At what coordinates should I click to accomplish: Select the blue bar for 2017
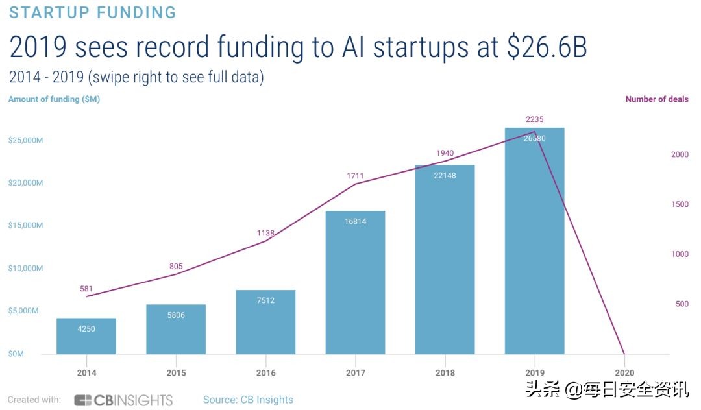[355, 282]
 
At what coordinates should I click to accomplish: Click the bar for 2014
[86, 336]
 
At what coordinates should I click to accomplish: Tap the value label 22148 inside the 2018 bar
[445, 175]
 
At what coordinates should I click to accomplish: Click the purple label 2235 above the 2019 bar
[534, 119]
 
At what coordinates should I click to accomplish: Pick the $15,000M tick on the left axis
[26, 225]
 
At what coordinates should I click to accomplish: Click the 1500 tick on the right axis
[680, 204]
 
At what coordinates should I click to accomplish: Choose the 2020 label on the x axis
[624, 373]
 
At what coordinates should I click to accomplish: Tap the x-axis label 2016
[265, 373]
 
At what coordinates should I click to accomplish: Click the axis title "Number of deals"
[657, 99]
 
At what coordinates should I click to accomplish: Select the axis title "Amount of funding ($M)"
[54, 99]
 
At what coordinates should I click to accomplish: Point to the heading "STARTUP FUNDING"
[92, 12]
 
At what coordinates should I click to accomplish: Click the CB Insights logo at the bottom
[123, 400]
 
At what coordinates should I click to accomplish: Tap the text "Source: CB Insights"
[248, 400]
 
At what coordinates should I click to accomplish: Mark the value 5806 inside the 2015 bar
[176, 315]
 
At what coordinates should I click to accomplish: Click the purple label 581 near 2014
[86, 289]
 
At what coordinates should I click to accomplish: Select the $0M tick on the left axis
[16, 354]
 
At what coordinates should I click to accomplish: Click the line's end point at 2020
[624, 354]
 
